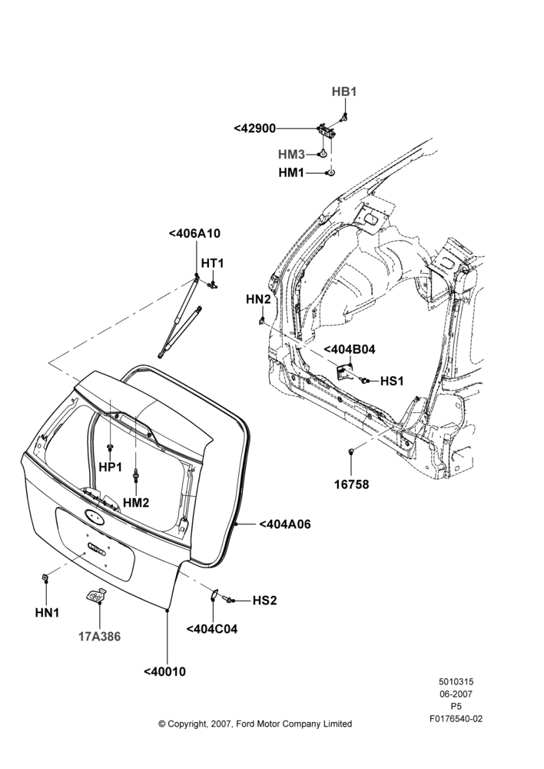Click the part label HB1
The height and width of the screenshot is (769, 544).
344,92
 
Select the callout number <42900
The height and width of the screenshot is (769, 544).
255,128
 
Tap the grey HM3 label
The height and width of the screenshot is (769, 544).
292,155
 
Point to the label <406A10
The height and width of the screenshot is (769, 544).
194,234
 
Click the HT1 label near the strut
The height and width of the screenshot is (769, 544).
212,263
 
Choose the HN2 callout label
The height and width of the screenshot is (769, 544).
258,299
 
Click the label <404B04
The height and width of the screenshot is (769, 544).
350,350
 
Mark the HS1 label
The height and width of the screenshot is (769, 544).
392,381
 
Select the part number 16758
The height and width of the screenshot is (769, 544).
351,484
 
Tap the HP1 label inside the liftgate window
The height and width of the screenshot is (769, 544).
111,468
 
